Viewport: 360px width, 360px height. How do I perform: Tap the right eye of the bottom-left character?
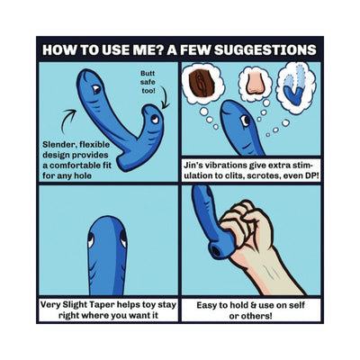(123, 238)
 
